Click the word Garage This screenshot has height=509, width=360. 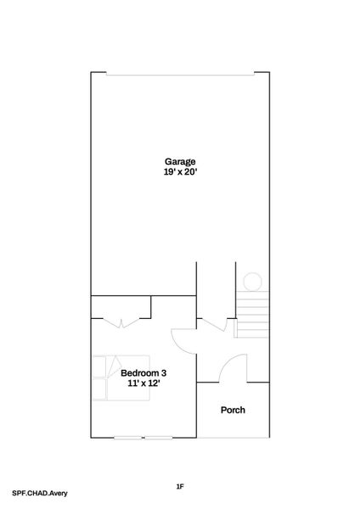point(180,161)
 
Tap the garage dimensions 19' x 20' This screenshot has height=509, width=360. point(180,172)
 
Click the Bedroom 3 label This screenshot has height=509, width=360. point(143,373)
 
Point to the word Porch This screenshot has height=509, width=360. point(233,411)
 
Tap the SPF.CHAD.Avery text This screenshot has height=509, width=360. point(40,493)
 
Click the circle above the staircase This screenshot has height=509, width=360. point(252,282)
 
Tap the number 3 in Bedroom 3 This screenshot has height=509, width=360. point(163,373)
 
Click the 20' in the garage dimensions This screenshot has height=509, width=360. point(191,172)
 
